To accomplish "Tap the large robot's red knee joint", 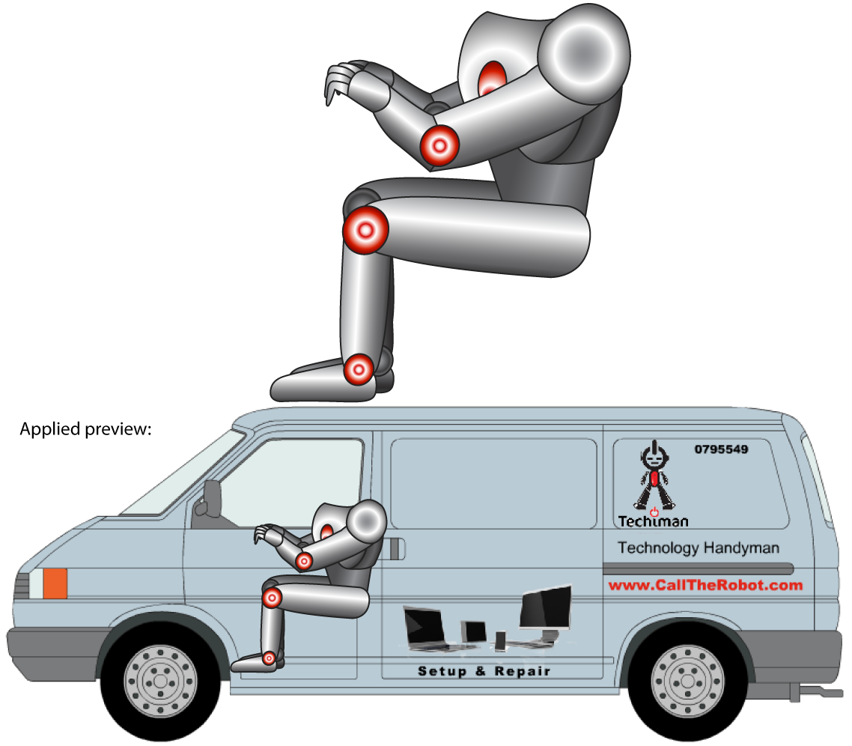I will click(365, 230).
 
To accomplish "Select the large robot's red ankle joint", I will click(359, 369).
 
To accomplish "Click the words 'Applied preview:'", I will click(85, 430).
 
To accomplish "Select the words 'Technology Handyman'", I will click(698, 548).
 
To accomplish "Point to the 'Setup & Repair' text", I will click(484, 671).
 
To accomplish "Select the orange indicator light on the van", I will click(55, 583).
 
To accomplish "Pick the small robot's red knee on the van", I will click(272, 598).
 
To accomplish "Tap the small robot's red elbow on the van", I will click(304, 560).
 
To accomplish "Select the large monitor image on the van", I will click(545, 608).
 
